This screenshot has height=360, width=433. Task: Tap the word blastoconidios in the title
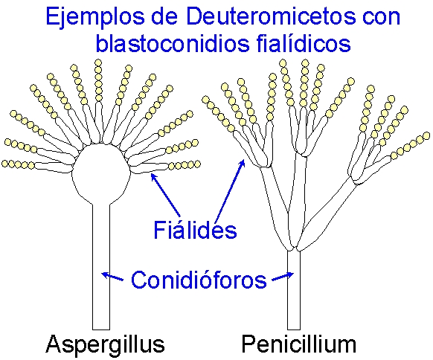tap(173, 43)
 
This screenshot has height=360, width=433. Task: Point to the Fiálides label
tap(195, 230)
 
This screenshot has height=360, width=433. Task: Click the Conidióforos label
tap(199, 280)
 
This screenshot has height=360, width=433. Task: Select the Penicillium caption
tap(299, 344)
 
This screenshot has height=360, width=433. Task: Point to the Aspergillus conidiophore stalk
tap(101, 267)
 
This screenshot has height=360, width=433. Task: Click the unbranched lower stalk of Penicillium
tap(294, 290)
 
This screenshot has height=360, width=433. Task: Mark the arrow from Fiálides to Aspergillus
tap(165, 195)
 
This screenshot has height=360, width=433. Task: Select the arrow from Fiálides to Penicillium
tap(230, 190)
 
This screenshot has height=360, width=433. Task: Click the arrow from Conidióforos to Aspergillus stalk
tap(112, 277)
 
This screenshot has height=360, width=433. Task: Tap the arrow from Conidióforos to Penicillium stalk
tap(283, 277)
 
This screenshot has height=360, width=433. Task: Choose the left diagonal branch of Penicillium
tap(276, 209)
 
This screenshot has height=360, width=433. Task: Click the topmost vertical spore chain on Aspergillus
tap(98, 80)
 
